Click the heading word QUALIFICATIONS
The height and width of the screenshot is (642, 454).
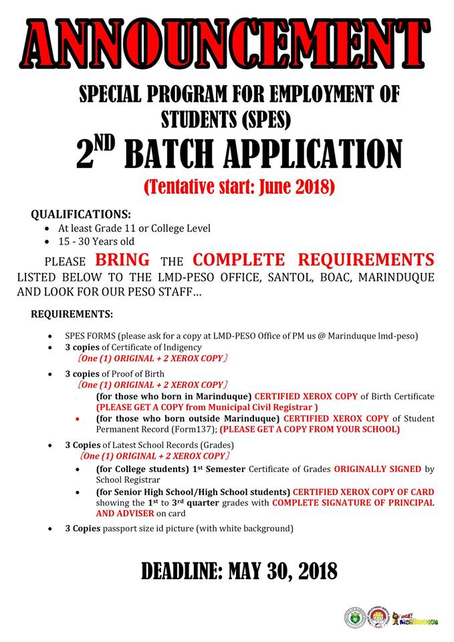[81, 215]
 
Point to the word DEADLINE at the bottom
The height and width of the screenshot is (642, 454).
[180, 572]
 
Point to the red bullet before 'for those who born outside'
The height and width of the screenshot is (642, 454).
[79, 419]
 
